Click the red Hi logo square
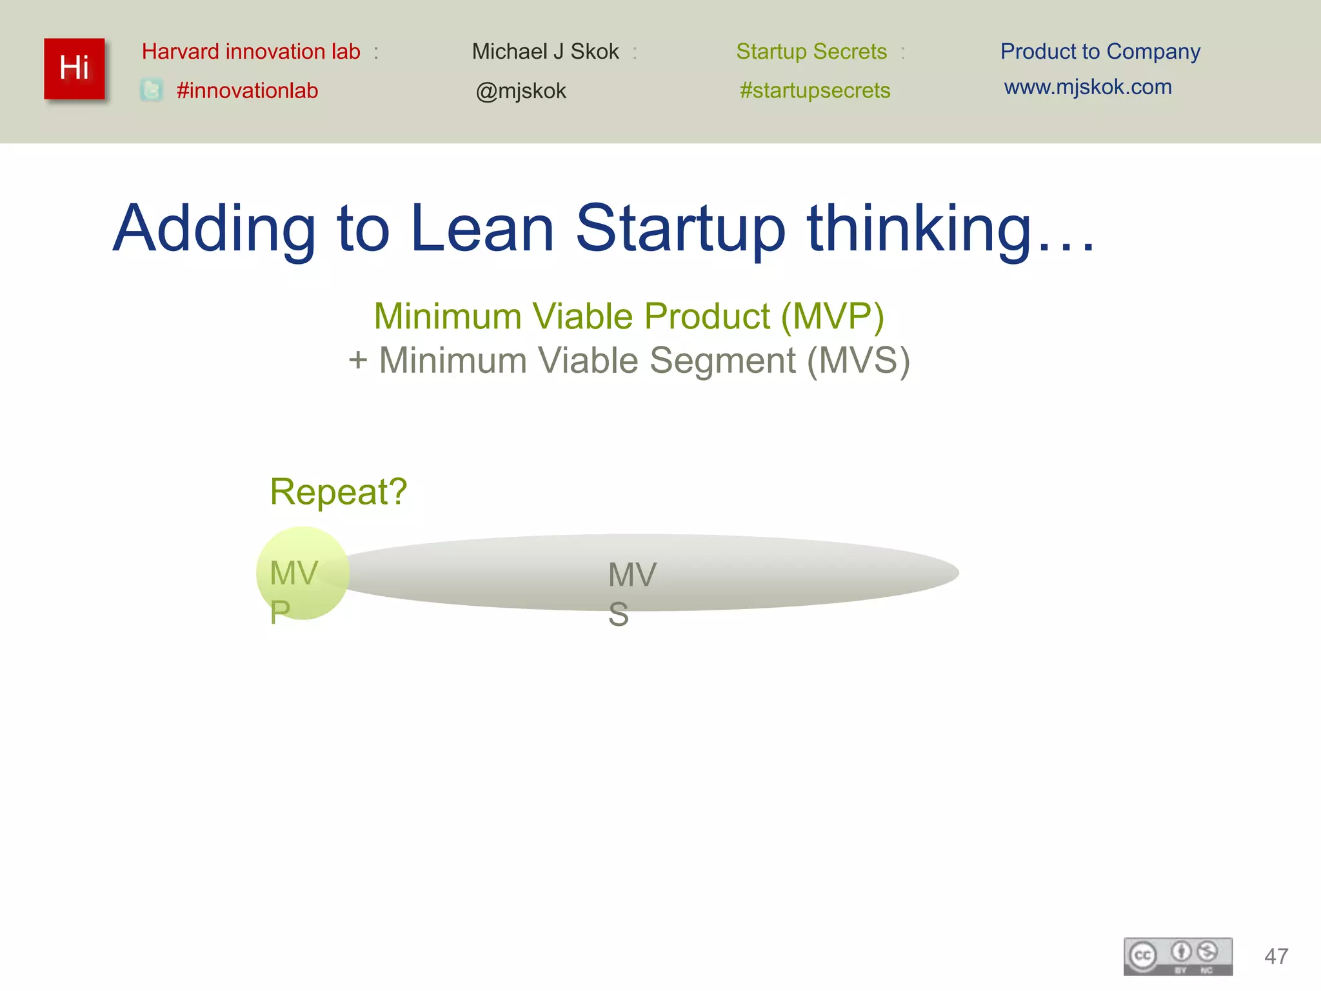click(x=74, y=69)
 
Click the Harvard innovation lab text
click(x=251, y=52)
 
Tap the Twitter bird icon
click(x=152, y=90)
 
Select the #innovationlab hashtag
click(x=247, y=91)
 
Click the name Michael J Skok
click(x=545, y=52)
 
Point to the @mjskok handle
click(x=521, y=92)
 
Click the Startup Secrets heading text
click(x=811, y=52)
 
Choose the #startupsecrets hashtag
click(x=815, y=91)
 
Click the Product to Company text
click(x=1100, y=52)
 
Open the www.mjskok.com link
click(x=1088, y=87)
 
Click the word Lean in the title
click(x=482, y=228)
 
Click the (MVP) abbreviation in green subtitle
click(x=832, y=317)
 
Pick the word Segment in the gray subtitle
click(x=722, y=361)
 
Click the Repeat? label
click(x=339, y=492)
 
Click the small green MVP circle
click(x=303, y=574)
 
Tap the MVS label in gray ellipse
click(x=631, y=592)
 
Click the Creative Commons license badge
click(x=1178, y=956)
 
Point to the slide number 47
click(x=1276, y=956)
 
